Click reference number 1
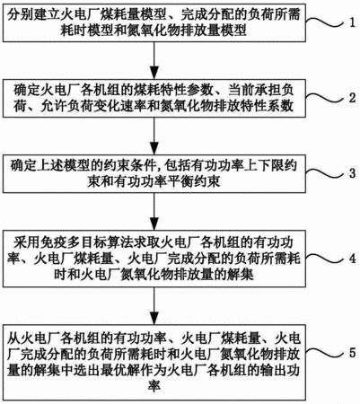click(352, 23)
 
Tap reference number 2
click(352, 98)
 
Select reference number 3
click(352, 173)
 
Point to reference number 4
click(352, 258)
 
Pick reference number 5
click(352, 353)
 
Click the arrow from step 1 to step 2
click(154, 60)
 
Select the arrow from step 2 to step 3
click(154, 136)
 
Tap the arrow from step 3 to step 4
click(154, 211)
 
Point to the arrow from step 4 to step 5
click(154, 306)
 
